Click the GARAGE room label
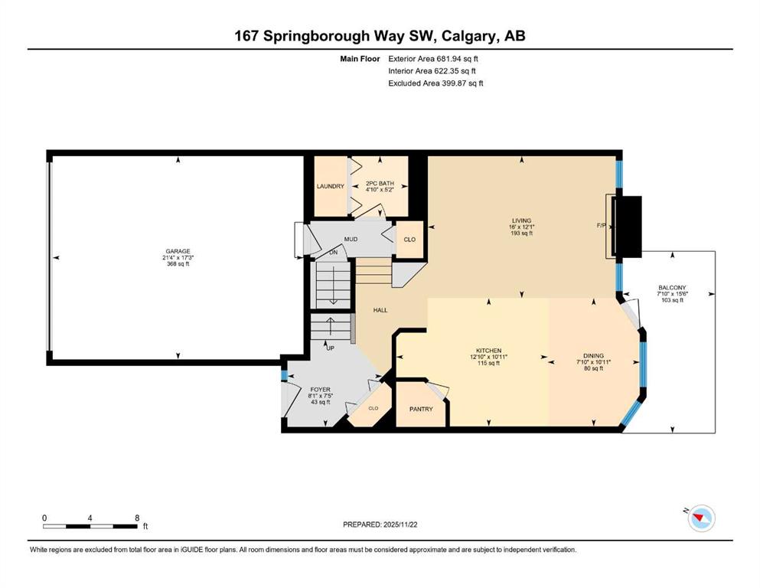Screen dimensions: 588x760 (x=178, y=251)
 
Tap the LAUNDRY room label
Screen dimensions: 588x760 (x=331, y=186)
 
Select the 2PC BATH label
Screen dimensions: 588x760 (x=379, y=184)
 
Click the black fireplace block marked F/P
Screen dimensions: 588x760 (x=628, y=227)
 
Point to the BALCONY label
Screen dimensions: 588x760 (x=670, y=288)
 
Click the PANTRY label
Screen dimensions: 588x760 (x=421, y=409)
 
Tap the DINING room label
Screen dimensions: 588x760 (x=593, y=355)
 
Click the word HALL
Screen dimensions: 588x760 (x=380, y=310)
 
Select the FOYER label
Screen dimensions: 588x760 (x=320, y=390)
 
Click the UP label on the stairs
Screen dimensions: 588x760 (x=331, y=348)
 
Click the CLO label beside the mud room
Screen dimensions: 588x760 (x=409, y=240)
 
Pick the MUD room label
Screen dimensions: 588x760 (x=351, y=239)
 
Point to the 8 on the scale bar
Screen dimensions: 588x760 (x=137, y=518)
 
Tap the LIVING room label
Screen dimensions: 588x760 (x=522, y=220)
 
